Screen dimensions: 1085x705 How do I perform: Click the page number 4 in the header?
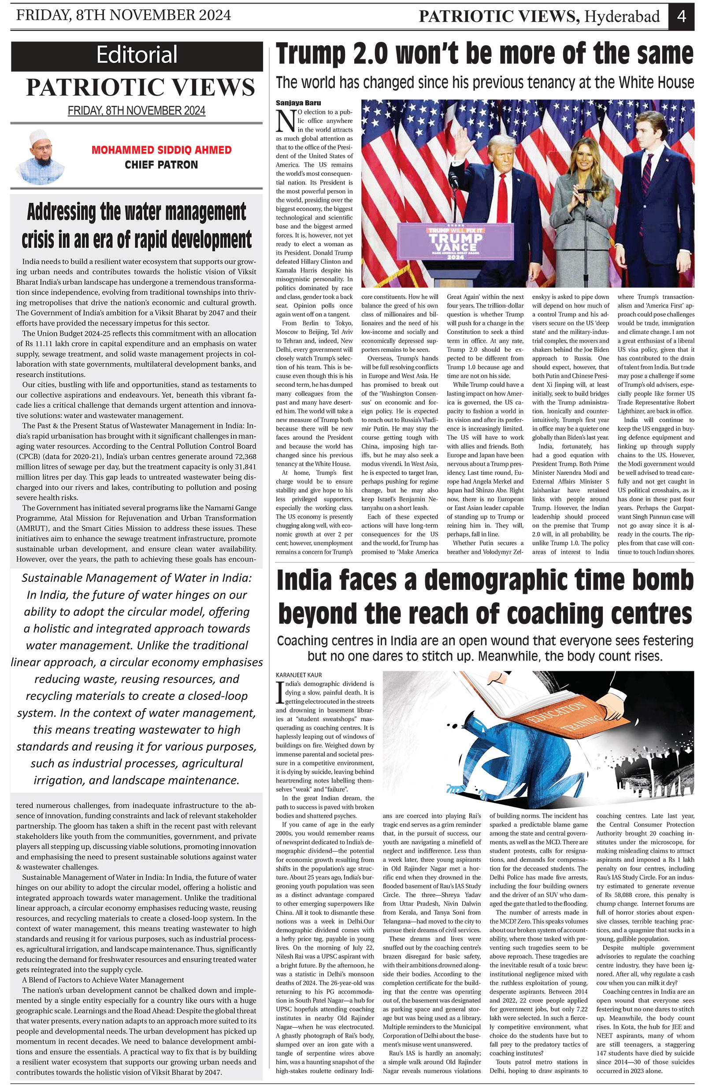[682, 16]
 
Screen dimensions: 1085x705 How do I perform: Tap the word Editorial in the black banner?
[137, 55]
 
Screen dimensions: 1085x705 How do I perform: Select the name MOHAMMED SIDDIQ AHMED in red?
[162, 150]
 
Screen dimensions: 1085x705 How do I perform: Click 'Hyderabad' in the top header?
[623, 16]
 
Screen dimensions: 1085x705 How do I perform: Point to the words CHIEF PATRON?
[162, 165]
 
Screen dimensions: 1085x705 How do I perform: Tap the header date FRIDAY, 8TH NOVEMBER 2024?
[123, 15]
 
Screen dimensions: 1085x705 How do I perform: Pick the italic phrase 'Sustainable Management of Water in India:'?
[137, 578]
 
